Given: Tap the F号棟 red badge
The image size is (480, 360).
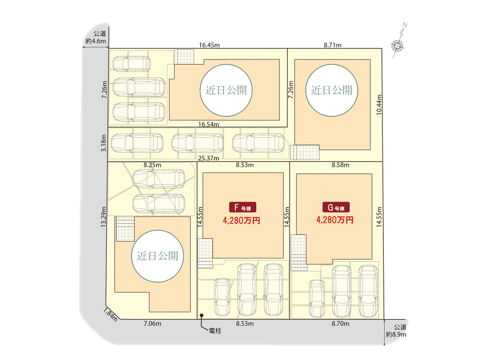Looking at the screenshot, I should tap(243, 207).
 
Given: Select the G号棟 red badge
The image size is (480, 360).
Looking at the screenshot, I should tap(336, 207).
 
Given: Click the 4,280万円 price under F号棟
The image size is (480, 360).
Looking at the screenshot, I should tap(242, 220).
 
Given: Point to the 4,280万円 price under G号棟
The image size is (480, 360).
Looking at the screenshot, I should tap(335, 220).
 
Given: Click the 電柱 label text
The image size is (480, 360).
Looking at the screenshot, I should tap(215, 331).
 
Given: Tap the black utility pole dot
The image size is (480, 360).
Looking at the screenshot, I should tap(202, 315).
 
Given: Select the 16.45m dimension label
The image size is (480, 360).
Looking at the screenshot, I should tap(209, 45).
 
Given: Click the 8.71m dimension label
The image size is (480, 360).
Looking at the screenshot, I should tap(333, 45).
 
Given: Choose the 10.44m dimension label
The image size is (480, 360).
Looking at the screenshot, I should tap(379, 104).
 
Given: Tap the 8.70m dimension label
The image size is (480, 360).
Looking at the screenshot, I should tap(340, 323).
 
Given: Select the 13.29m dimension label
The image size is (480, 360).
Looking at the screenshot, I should tap(103, 217).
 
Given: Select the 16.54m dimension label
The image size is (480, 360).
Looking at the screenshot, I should tap(209, 124).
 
